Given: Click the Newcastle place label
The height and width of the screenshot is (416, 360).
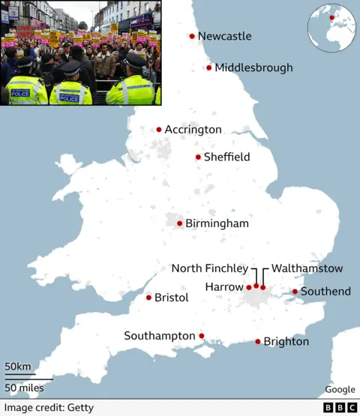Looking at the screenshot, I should click(224, 36).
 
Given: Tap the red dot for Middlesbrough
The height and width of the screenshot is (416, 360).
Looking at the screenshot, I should click(209, 68).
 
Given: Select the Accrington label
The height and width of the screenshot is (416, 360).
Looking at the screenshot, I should click(193, 130).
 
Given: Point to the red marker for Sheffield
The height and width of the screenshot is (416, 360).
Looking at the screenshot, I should click(198, 157).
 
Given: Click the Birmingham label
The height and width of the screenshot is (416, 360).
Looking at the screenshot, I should click(218, 223).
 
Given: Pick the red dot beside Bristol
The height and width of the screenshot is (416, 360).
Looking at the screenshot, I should click(148, 298).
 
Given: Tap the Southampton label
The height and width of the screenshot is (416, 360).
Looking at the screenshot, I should click(160, 336).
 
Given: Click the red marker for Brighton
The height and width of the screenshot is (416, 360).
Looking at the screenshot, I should click(258, 342).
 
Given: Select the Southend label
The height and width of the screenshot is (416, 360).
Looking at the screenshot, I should click(325, 291).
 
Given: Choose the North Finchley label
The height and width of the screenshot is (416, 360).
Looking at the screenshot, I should click(209, 268).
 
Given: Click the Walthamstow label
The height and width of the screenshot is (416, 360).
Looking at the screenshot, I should click(307, 268).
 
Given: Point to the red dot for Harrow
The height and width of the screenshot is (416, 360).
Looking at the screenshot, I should click(249, 287).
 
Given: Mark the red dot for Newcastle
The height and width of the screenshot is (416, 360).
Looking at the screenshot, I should click(192, 36).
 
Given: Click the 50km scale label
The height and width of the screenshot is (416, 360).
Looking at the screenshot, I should click(18, 367).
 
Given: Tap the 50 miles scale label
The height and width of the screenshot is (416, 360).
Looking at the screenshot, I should click(24, 388).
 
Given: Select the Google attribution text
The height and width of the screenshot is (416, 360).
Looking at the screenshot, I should click(340, 390).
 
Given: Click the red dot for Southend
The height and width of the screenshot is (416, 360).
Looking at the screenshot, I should click(295, 292).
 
